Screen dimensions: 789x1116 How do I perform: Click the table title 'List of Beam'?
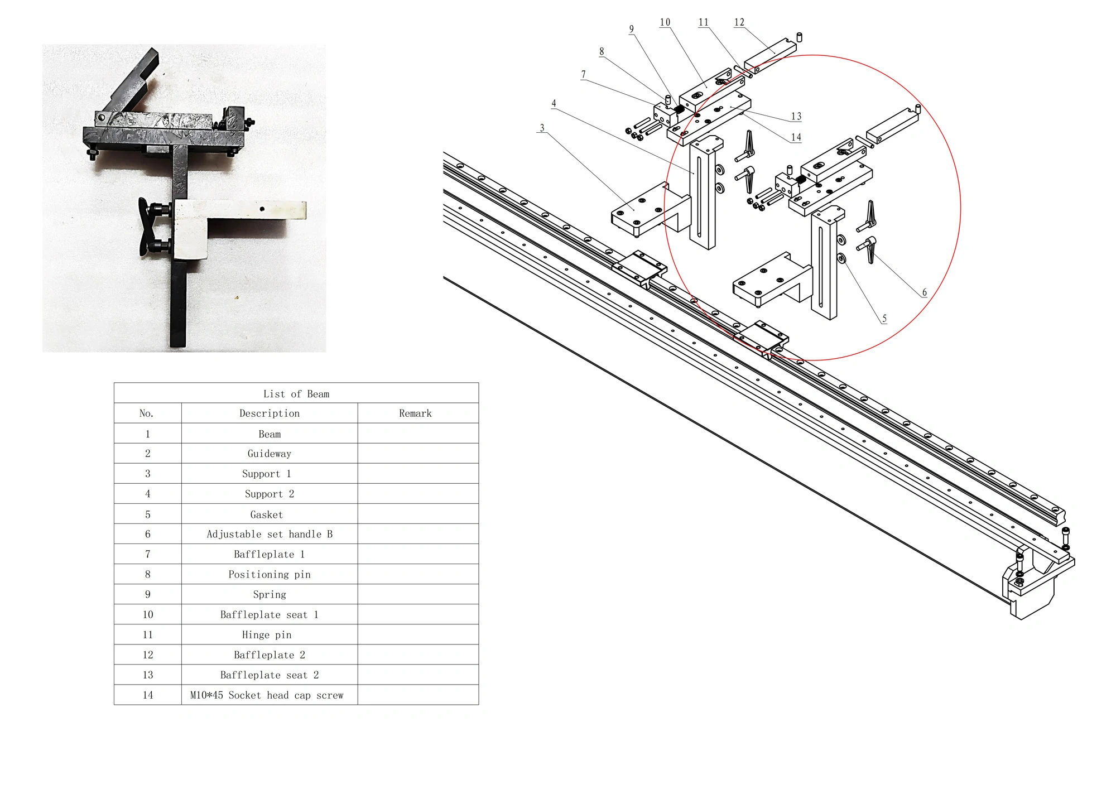point(296,394)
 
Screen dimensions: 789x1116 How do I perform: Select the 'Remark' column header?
point(415,413)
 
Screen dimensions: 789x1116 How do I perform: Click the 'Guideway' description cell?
point(270,454)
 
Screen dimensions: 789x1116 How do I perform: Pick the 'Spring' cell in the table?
point(270,594)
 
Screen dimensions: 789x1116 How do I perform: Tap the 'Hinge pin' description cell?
point(267,634)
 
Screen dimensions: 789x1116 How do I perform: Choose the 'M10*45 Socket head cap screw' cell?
point(267,695)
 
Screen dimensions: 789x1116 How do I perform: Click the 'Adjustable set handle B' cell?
point(270,534)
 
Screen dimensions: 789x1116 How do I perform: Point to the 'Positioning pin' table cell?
point(270,574)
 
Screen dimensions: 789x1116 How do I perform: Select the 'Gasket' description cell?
point(267,514)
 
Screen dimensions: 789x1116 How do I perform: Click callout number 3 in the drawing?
point(542,128)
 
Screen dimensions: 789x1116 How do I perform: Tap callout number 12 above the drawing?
point(739,22)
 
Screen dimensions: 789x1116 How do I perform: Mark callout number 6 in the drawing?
point(924,292)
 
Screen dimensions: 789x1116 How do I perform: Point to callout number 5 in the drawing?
point(884,319)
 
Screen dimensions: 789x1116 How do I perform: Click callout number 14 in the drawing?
point(796,137)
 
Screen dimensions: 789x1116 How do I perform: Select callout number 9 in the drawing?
point(632,30)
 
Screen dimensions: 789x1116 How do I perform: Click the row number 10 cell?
point(148,614)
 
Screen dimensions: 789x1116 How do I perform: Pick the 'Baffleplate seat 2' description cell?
point(270,675)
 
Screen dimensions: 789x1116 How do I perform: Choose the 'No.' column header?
point(146,413)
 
